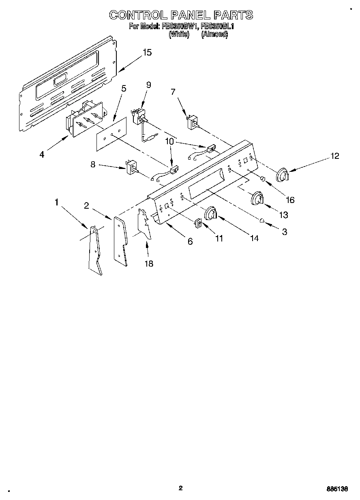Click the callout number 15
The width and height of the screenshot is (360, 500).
[x=147, y=52]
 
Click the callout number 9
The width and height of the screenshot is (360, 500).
[x=148, y=85]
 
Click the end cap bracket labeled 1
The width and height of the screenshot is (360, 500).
[x=95, y=251]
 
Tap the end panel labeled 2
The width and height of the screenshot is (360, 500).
[x=121, y=241]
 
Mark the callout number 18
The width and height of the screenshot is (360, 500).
[x=149, y=263]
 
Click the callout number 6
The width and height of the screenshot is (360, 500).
[x=190, y=241]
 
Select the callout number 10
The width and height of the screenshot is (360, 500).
[x=169, y=141]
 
